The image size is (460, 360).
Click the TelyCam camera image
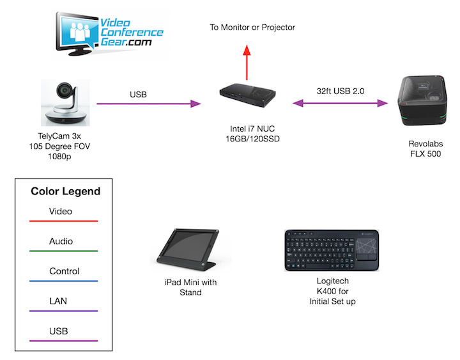point(65,103)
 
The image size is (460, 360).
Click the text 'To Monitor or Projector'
point(253,27)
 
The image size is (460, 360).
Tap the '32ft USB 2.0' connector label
point(341,91)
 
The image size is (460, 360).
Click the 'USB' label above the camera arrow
point(138,95)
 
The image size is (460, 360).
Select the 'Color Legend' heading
point(65,191)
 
